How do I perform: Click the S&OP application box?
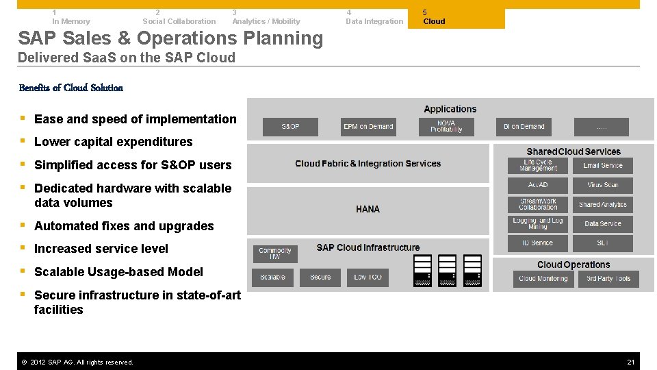tap(290, 127)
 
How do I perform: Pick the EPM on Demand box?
tap(368, 127)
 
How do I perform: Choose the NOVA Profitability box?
tap(446, 127)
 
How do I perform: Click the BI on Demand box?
tap(524, 127)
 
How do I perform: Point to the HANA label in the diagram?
tap(368, 209)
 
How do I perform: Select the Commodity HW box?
tap(275, 254)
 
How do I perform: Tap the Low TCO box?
tap(368, 277)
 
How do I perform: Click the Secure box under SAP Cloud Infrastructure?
tap(320, 277)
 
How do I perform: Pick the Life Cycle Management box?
tap(538, 166)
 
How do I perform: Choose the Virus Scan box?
tap(602, 185)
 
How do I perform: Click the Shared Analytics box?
tap(602, 204)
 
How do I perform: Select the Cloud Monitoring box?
tap(543, 279)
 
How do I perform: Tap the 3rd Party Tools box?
tap(608, 279)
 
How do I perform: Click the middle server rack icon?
tap(447, 271)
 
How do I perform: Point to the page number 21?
tap(631, 362)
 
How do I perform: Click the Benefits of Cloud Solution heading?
tap(71, 88)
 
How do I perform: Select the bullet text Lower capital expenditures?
tap(114, 142)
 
